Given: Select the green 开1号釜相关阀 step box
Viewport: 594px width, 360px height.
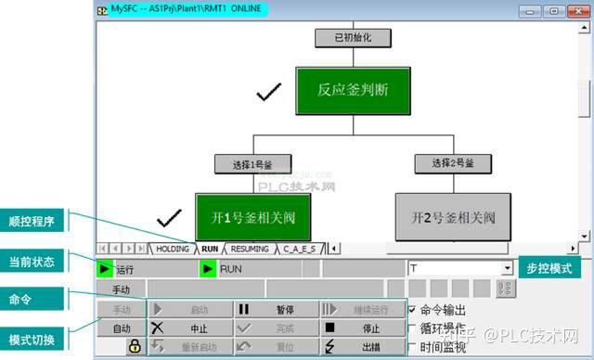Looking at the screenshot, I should (252, 217).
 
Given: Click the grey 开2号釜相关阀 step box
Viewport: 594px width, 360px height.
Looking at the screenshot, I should (453, 217).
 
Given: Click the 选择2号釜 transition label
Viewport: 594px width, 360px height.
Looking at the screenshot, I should (453, 163).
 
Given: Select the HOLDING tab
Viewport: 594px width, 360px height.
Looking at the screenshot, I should (172, 249).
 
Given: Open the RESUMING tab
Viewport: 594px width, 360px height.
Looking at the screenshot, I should (249, 249).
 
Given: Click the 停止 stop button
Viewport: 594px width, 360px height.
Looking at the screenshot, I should (362, 328).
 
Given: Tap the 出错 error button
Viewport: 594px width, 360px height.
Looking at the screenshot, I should (362, 346).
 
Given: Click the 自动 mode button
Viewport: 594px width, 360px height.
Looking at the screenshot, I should (122, 328).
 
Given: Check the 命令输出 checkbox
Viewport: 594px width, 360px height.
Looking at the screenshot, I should (413, 310).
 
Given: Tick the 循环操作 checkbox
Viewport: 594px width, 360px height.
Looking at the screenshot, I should (413, 328).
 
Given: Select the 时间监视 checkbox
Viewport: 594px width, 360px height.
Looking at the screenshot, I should (413, 346).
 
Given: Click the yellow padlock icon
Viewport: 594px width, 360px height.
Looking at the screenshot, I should (136, 346).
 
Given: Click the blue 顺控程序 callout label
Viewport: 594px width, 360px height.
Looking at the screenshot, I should (34, 222).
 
